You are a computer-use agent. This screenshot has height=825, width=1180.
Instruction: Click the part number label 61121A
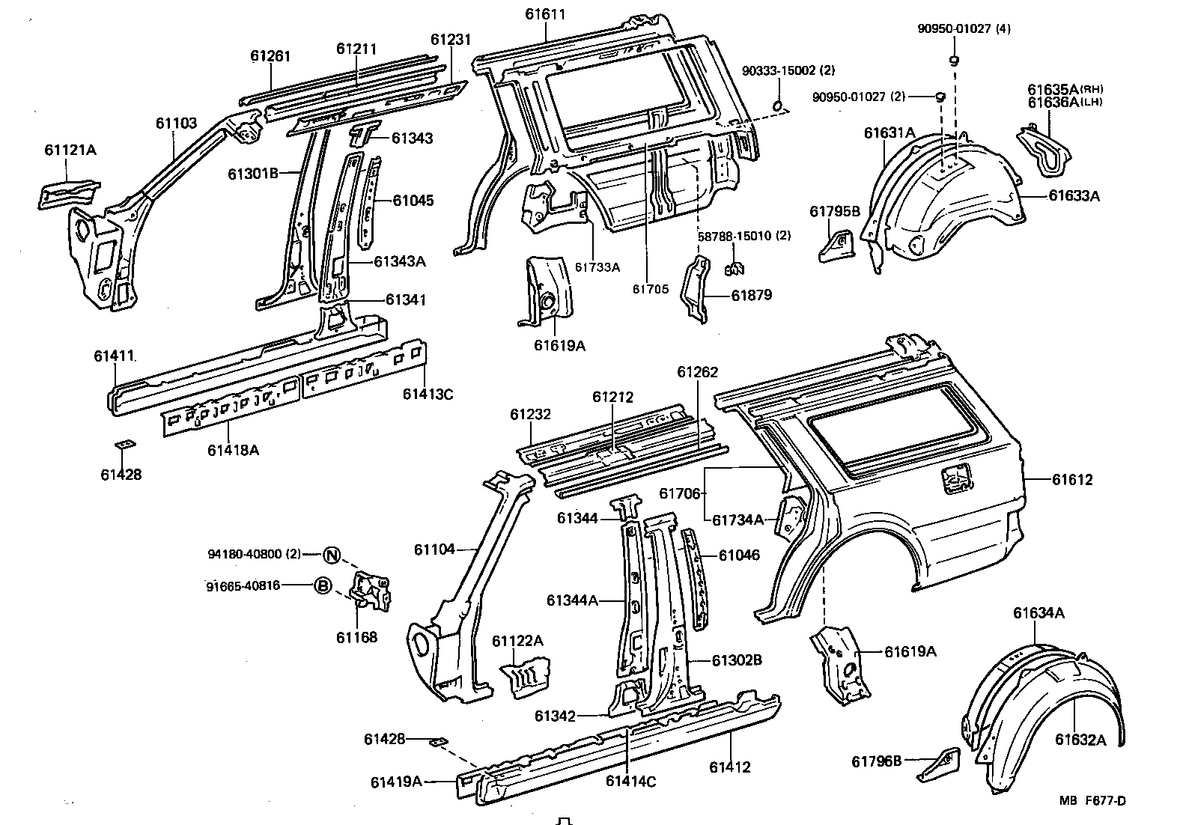coord(70,150)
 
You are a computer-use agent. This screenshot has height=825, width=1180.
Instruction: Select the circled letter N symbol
coord(332,555)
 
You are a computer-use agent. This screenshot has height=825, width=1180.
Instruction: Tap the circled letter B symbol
coord(321,586)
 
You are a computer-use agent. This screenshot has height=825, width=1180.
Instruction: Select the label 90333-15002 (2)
coord(788,70)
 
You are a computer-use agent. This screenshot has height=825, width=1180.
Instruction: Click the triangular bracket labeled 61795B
coord(836,245)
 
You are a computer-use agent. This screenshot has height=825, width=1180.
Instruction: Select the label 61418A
coord(233,450)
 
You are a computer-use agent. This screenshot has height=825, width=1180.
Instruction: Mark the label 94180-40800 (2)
coord(254,555)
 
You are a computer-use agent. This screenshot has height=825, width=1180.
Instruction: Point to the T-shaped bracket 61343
coord(365,136)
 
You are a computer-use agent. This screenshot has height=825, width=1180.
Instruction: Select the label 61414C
coord(630,782)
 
